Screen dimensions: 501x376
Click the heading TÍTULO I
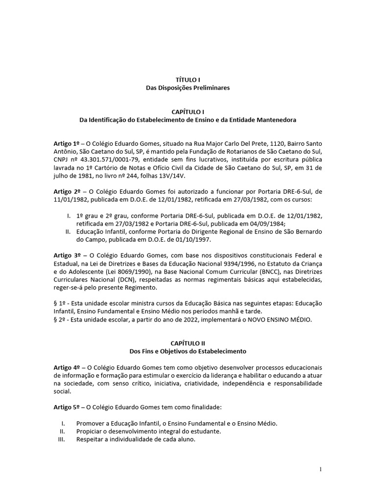[x=188, y=79]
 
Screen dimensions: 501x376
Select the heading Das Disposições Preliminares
[x=188, y=88]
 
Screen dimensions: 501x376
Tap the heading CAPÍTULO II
[x=188, y=343]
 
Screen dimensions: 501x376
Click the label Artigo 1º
[x=67, y=143]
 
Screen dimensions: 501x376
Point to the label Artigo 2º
[x=67, y=190]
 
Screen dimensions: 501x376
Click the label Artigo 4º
[x=67, y=367]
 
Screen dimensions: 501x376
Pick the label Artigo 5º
[x=67, y=407]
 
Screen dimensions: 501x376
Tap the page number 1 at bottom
[x=320, y=469]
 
